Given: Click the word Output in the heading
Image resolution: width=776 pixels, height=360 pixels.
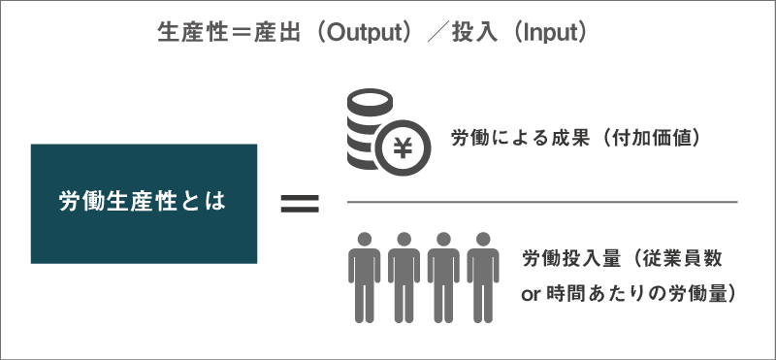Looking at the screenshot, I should [x=364, y=32].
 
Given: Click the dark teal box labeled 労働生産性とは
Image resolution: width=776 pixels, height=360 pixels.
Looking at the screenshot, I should [x=144, y=203].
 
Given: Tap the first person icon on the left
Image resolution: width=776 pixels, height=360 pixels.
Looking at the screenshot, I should [x=365, y=276].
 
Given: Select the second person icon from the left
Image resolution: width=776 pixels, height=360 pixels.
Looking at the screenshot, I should [x=404, y=276].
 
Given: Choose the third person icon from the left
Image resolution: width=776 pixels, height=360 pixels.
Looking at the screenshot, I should [x=442, y=276].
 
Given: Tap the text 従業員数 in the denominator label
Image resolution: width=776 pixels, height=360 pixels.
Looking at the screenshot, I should [x=684, y=260].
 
